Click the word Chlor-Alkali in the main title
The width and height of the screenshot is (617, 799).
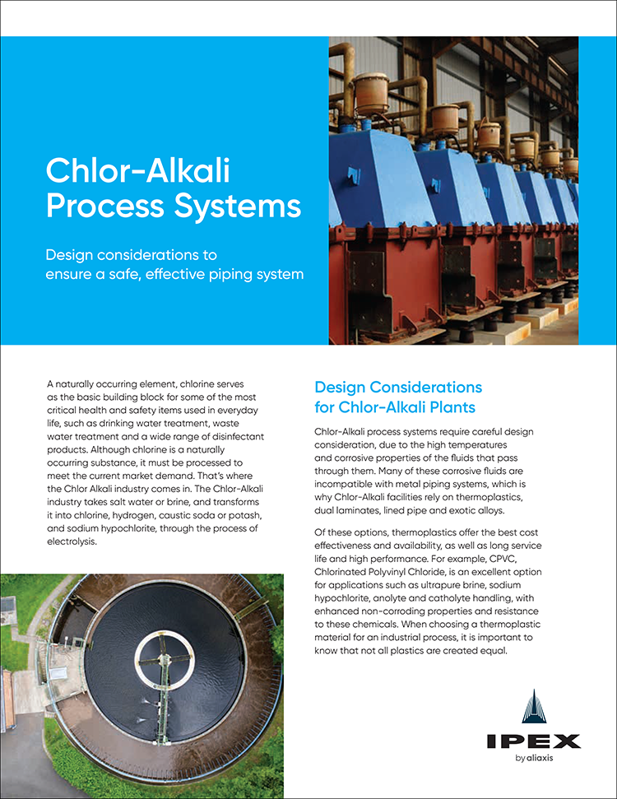pos(138,170)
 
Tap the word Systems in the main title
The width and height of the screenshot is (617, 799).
pos(238,207)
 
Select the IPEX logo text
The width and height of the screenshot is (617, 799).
pos(533,741)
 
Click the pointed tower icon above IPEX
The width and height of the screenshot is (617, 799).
pos(534,707)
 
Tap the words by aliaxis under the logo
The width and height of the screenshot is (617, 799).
pos(534,758)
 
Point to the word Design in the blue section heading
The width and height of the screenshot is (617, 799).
pos(340,388)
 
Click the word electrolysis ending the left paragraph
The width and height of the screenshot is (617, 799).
pos(72,541)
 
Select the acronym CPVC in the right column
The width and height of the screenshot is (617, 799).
pos(503,559)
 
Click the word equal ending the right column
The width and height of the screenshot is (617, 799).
pos(494,651)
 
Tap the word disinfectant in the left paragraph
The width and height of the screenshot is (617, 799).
pos(238,437)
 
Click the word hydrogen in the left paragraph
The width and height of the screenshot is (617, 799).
pos(133,516)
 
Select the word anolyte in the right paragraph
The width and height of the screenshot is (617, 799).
pos(389,598)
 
